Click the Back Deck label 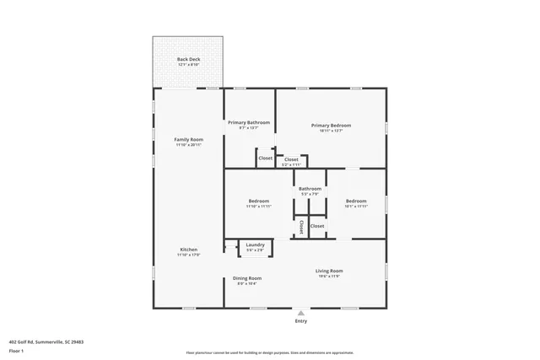coord(188,60)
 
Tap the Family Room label coord(188,139)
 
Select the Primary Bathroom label coord(249,122)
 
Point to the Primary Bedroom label coord(330,125)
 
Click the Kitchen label coord(188,250)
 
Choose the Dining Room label coord(247,278)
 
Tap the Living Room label coord(329,271)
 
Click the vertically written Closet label coord(301,227)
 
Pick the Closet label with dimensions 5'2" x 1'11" coord(291,159)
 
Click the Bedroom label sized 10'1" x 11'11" coord(356,201)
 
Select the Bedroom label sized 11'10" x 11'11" coord(259,201)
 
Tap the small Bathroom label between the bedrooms coord(310,189)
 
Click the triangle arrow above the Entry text coord(300,313)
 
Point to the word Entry coord(300,321)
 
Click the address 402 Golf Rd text coord(46,341)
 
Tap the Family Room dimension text coord(188,145)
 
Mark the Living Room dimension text coord(329,277)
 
